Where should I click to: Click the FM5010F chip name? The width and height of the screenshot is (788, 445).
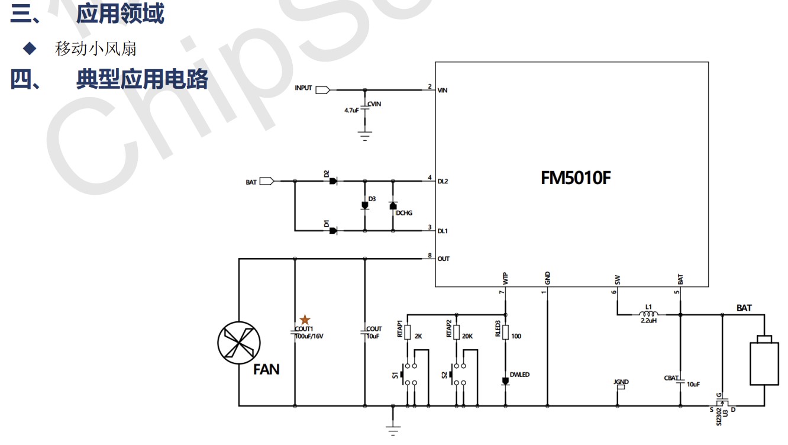(575, 178)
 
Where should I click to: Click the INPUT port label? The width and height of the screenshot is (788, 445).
(303, 88)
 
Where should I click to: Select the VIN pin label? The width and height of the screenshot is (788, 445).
(443, 91)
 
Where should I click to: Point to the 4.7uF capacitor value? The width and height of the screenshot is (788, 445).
(351, 111)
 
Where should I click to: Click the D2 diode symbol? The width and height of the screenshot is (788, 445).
(333, 181)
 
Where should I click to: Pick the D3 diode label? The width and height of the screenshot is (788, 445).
(372, 198)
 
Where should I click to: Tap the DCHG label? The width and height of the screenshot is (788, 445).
(404, 213)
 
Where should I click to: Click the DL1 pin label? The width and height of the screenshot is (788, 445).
(443, 231)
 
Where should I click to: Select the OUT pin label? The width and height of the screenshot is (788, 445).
(443, 259)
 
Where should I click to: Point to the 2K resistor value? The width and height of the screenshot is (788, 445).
(418, 336)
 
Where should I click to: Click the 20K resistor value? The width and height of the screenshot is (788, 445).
(467, 336)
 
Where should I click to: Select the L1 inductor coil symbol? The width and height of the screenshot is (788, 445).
(649, 314)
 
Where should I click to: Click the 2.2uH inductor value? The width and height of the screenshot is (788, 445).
(649, 321)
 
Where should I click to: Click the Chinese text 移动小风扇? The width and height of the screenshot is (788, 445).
(96, 49)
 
